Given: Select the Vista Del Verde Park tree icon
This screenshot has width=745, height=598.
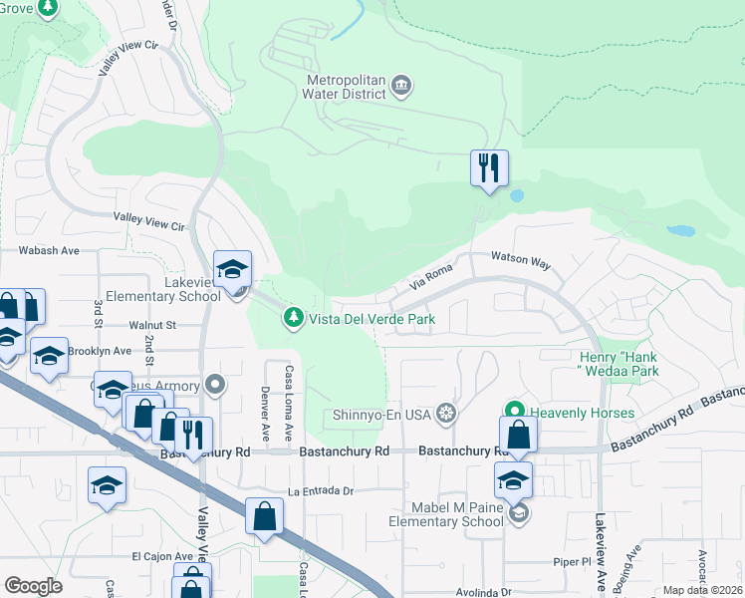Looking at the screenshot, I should pyautogui.click(x=293, y=317).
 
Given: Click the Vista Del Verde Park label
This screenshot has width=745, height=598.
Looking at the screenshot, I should pyautogui.click(x=372, y=318).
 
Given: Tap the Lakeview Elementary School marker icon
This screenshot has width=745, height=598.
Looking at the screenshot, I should pyautogui.click(x=232, y=269).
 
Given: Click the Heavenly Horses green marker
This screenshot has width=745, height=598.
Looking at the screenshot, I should pyautogui.click(x=514, y=411).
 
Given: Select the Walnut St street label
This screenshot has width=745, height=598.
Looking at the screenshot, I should pyautogui.click(x=151, y=325).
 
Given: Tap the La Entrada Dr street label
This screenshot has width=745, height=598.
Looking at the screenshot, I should pyautogui.click(x=321, y=490).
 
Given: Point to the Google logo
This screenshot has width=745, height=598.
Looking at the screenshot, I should pyautogui.click(x=33, y=586).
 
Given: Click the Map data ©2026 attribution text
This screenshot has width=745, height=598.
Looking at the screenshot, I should pyautogui.click(x=702, y=590).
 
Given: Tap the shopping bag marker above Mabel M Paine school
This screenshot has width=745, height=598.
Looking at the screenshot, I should pyautogui.click(x=518, y=435).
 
